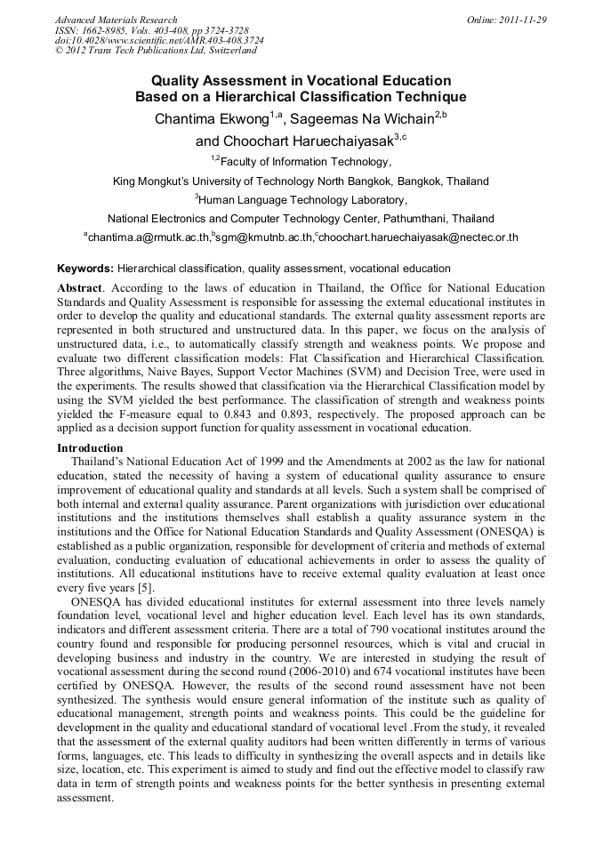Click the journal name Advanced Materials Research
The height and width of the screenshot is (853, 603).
point(116,20)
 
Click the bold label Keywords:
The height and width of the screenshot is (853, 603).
point(85,268)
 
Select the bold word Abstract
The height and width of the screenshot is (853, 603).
point(79,289)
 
